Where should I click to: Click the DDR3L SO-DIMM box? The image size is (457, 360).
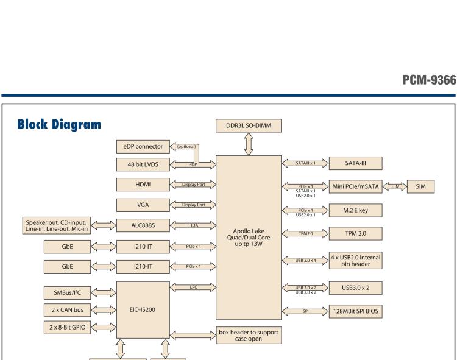tap(249, 125)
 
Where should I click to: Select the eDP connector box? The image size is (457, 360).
tap(143, 147)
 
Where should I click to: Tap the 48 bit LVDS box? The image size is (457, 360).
tap(143, 164)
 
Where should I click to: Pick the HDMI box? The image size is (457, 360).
tap(143, 185)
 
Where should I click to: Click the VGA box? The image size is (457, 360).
tap(143, 205)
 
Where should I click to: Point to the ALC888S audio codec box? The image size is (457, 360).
tap(143, 225)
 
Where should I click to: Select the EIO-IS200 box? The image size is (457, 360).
tap(143, 310)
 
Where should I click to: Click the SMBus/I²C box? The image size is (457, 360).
tap(67, 293)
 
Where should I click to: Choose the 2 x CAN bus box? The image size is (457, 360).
tap(67, 310)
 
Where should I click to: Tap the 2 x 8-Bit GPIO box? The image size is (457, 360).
tap(67, 327)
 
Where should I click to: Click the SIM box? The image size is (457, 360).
tap(420, 186)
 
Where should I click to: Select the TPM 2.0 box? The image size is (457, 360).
tap(356, 233)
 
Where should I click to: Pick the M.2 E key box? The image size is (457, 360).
tap(356, 210)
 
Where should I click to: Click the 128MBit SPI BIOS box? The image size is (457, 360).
tap(356, 311)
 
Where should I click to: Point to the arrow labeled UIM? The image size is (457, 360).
tap(395, 186)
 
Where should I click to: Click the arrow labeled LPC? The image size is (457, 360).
tap(193, 287)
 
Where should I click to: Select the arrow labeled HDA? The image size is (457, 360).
tap(193, 225)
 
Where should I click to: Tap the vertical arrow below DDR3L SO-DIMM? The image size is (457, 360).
tap(249, 144)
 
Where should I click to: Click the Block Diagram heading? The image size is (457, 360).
tap(59, 124)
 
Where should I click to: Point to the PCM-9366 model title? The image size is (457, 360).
tap(430, 80)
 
